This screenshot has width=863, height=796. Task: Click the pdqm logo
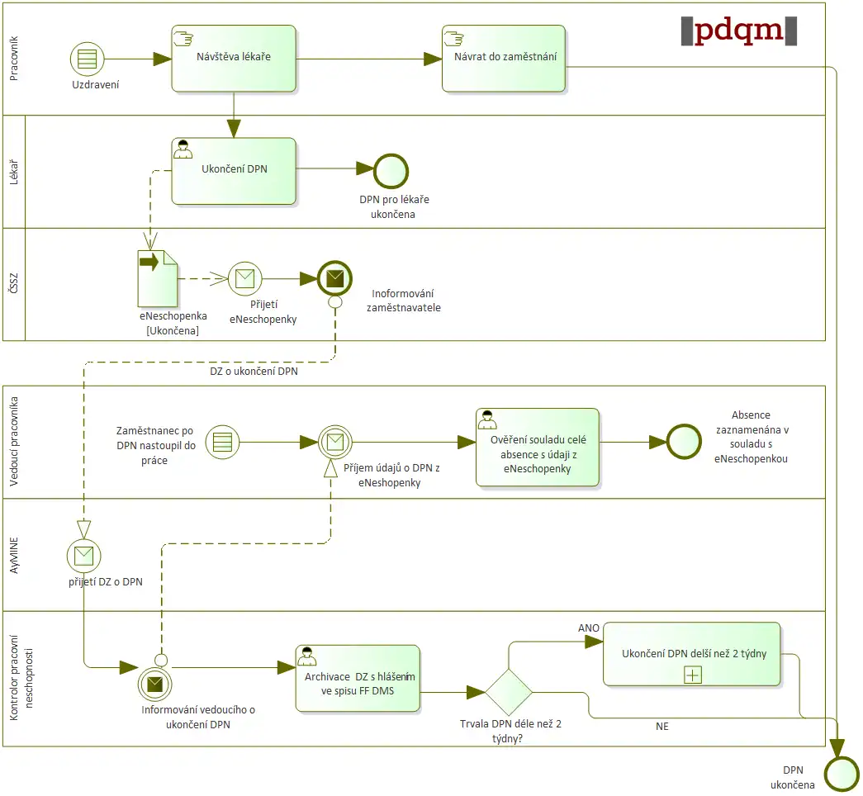pos(739,30)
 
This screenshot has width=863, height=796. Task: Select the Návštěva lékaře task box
pos(234,58)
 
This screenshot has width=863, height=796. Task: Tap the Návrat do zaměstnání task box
pos(504,58)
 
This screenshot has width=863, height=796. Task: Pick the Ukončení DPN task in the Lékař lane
pos(234,170)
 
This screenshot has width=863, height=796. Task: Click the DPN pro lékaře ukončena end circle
pos(391,170)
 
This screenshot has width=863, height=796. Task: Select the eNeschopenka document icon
pos(156,278)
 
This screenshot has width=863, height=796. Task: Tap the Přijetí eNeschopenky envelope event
pos(244,278)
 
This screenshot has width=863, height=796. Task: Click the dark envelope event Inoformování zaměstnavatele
pos(334,278)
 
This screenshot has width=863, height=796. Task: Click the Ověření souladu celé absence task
pos(538,447)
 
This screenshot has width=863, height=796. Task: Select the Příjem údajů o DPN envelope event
pos(335,442)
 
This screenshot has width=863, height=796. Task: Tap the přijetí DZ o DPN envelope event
pos(83,556)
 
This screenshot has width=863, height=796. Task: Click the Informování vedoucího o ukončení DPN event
pos(154,682)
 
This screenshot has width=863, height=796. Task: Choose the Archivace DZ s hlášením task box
pos(358,678)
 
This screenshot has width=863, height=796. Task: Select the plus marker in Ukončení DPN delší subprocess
pos(692,675)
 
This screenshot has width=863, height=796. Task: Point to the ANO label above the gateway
pos(589,628)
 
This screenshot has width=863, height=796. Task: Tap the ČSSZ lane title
pos(14,284)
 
